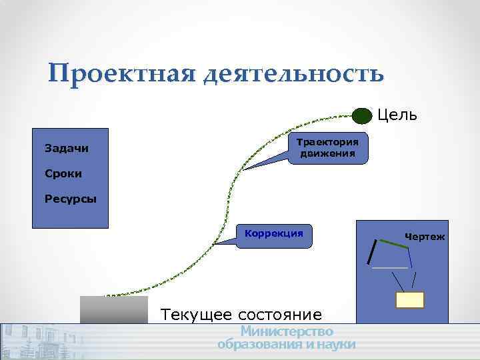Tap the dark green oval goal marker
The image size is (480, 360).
point(361,116)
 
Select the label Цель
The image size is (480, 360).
point(397,115)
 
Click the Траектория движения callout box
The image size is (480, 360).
point(327,149)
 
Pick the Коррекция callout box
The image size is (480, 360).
point(274,234)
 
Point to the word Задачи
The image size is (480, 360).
point(66,148)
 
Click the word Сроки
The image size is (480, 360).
point(63,173)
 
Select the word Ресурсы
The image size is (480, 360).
point(70,199)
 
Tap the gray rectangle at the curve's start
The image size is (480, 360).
point(113,310)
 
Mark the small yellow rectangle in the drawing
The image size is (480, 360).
point(410,300)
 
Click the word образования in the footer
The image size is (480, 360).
point(261,344)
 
